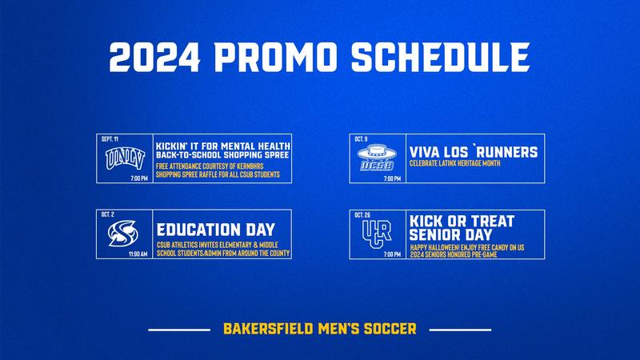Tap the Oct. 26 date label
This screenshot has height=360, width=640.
coord(362,215)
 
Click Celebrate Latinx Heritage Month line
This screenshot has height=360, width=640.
coord(460,164)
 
